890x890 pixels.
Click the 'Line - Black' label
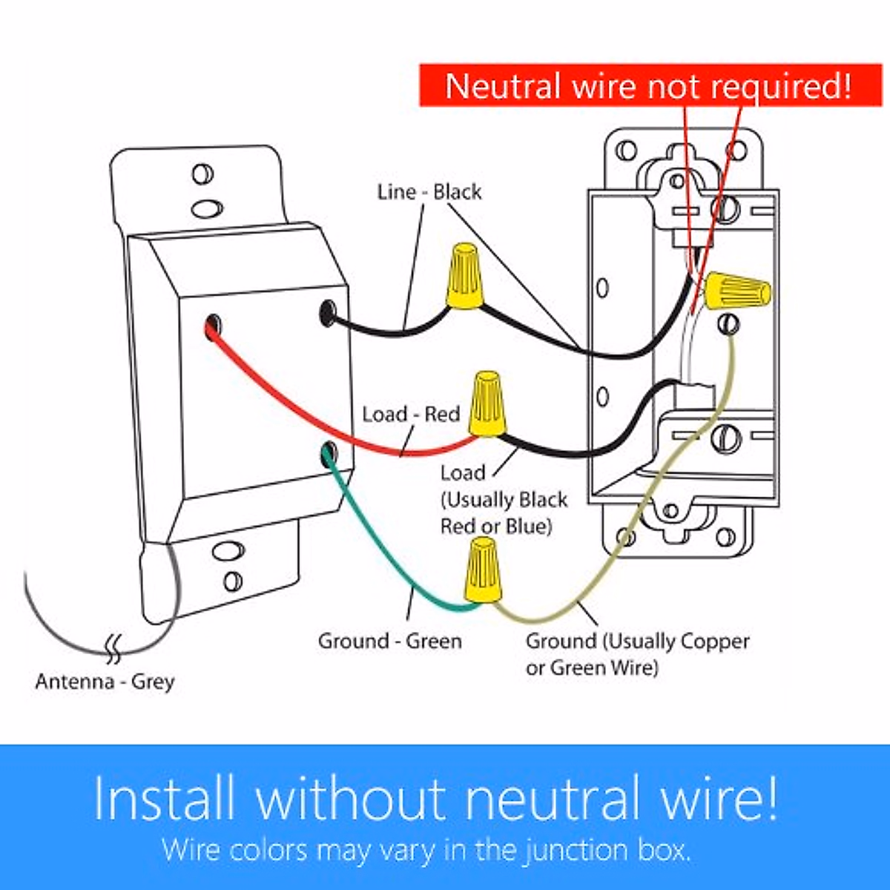coord(429,192)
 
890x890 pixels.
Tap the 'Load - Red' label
coord(411,414)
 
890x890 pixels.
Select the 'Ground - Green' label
coord(389,641)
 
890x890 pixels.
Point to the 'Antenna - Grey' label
coord(105,682)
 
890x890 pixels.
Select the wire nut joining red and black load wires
coord(487,405)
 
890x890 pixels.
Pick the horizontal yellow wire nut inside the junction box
coord(736,291)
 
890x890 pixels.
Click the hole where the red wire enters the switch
coord(214,324)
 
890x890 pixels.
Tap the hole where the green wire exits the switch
coord(328,452)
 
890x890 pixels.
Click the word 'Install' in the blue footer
coord(165,798)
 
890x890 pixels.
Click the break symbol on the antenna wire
coord(114,647)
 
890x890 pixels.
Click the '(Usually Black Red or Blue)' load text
coord(504,513)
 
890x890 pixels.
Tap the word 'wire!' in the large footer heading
coord(718,798)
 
